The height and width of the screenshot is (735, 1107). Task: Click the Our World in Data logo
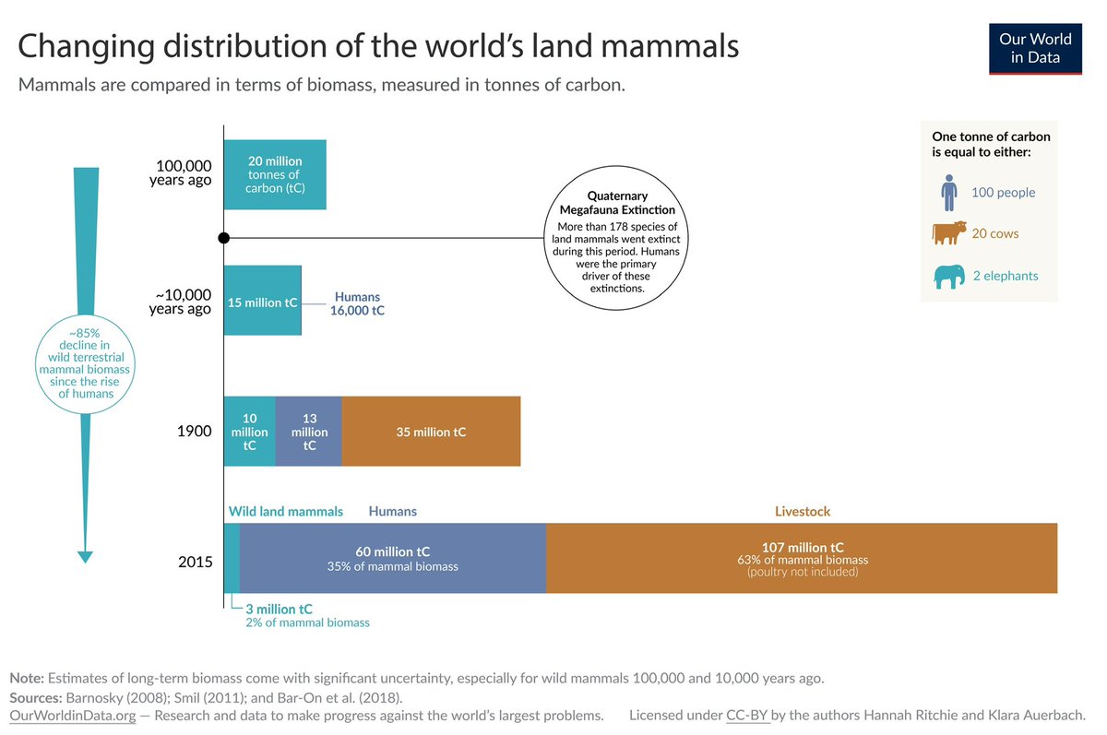1035,47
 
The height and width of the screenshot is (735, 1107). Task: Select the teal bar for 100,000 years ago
275,174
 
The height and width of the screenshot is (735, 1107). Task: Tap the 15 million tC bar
262,301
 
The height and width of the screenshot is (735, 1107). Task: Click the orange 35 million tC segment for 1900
431,432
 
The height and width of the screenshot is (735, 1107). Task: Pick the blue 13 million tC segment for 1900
309,432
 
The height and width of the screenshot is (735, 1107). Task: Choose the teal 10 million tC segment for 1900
249,432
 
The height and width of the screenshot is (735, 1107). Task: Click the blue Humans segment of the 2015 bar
392,558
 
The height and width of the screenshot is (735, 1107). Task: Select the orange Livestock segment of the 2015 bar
802,558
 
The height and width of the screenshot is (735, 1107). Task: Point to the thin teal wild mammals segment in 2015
232,558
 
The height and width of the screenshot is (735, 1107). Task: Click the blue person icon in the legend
949,193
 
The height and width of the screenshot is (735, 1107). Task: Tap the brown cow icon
949,233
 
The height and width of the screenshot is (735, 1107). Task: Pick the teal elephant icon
949,276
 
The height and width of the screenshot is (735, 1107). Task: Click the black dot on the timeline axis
223,238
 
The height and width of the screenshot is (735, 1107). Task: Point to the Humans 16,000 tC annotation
358,304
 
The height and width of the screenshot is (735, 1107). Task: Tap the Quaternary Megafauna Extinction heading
617,203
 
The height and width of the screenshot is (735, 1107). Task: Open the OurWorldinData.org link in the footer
72,716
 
